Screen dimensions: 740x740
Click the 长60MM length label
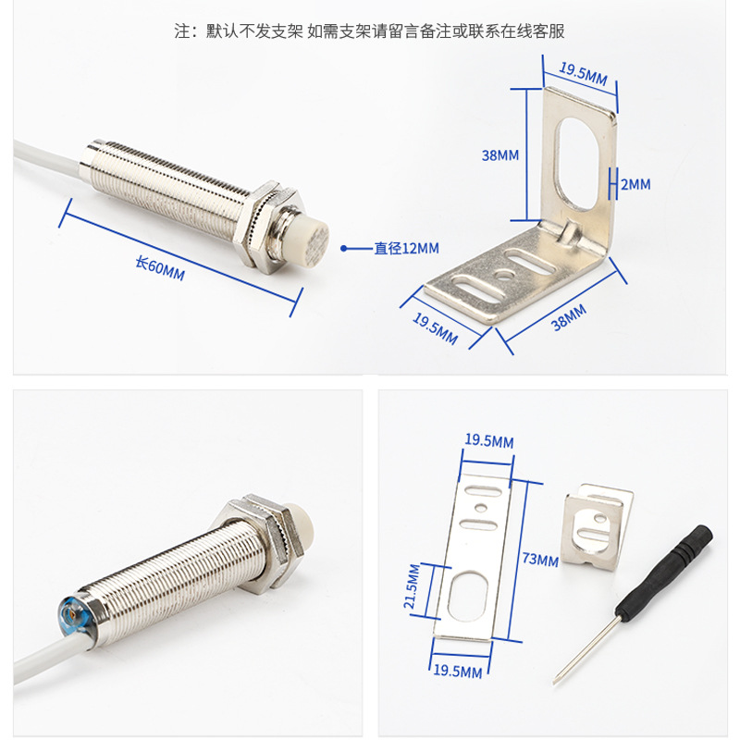[x=160, y=268]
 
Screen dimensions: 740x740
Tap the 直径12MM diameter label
[x=406, y=248]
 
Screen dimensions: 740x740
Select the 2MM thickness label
[x=635, y=184]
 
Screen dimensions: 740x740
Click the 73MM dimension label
[x=540, y=560]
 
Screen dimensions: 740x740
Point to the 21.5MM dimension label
[x=412, y=586]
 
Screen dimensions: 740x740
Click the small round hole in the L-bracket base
[x=504, y=275]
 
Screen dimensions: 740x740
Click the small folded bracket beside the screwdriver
[x=597, y=526]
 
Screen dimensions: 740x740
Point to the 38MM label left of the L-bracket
[x=499, y=154]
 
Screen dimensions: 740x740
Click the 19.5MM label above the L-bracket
[x=584, y=74]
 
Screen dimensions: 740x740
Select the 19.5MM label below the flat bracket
[x=457, y=671]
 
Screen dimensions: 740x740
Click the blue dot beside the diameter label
[x=343, y=248]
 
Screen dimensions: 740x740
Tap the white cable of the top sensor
[x=47, y=159]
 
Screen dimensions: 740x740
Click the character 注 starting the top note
[x=182, y=31]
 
